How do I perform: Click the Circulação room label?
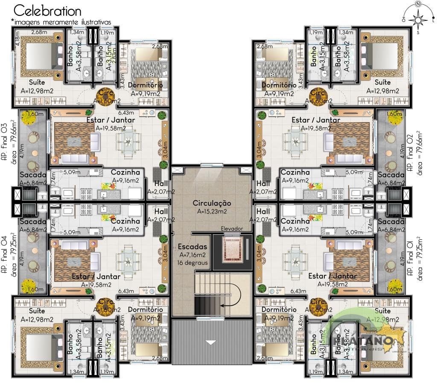coord(212,203)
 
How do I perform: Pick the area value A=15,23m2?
coord(212,211)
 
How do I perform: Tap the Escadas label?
coord(192,247)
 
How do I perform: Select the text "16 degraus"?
coord(193,263)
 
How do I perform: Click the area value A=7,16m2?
coord(193,255)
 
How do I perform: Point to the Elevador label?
coord(232,228)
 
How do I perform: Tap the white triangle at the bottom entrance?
coord(211,342)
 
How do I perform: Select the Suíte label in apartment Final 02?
coord(383,82)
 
